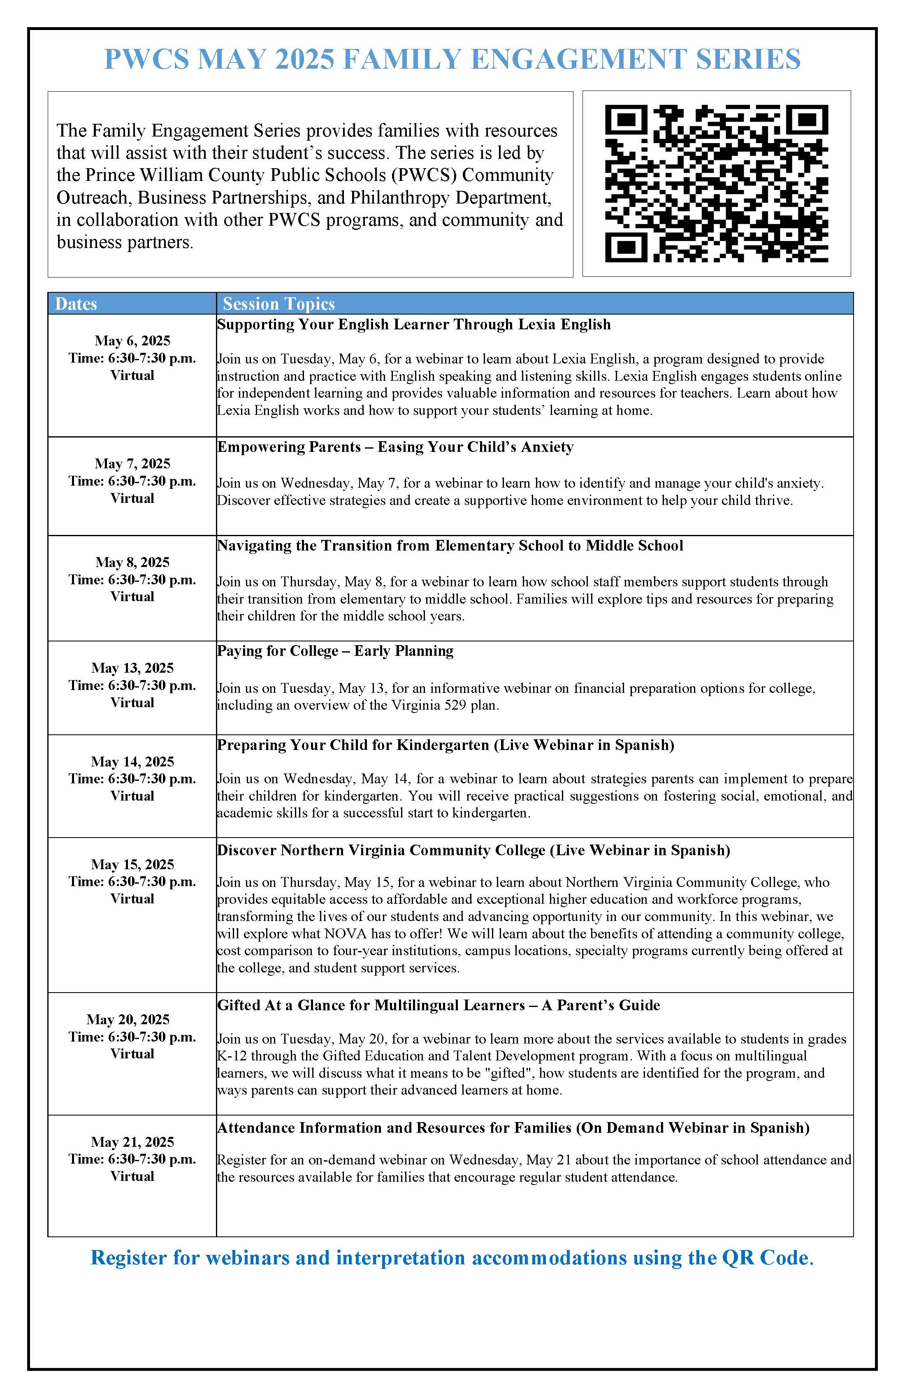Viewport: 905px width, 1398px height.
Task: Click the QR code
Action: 716,183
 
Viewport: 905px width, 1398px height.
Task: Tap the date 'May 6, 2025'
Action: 132,341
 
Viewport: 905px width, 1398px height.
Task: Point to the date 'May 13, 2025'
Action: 132,668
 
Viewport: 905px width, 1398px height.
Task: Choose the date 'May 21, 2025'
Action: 132,1142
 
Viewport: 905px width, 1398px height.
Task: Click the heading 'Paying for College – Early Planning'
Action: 335,651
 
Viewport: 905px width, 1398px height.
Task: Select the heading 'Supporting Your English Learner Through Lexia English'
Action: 414,324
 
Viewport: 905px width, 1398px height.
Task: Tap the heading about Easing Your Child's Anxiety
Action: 395,447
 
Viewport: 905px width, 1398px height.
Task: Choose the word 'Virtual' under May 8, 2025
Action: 132,597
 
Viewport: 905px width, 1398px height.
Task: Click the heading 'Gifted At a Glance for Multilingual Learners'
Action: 370,1005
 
